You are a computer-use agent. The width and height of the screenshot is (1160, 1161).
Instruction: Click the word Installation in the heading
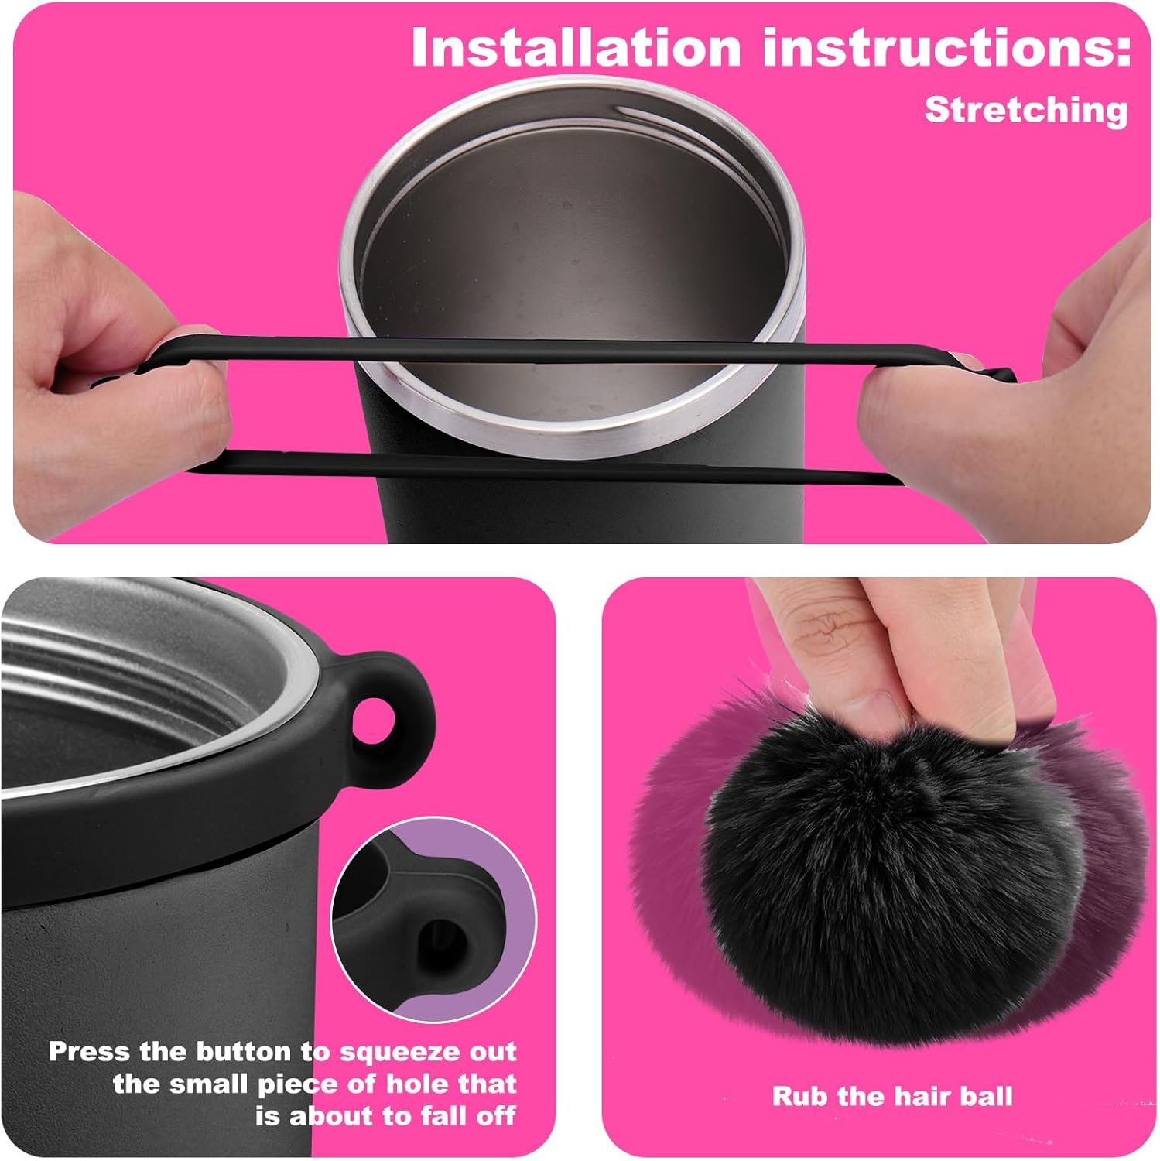(576, 47)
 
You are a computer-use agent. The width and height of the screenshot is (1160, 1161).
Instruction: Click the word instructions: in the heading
(947, 47)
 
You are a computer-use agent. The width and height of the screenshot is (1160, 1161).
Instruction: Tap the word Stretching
(1027, 110)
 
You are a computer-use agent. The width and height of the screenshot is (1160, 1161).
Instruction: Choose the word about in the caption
(328, 1116)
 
